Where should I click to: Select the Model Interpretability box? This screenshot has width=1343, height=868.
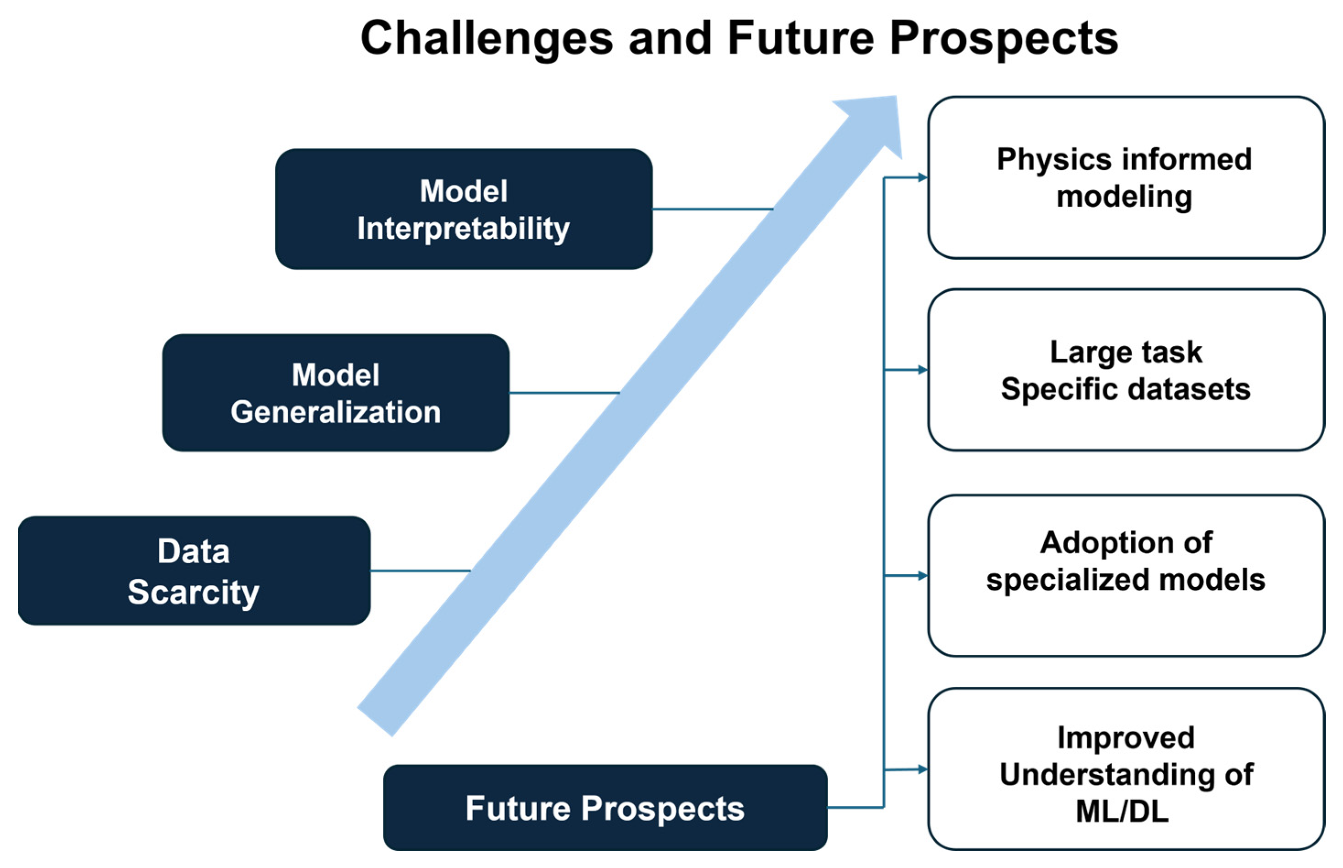(x=463, y=209)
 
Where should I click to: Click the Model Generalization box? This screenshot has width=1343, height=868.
(x=335, y=393)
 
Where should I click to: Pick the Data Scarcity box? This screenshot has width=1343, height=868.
(x=194, y=571)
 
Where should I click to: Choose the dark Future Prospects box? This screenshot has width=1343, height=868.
(x=605, y=808)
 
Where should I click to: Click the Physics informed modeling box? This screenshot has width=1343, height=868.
(x=1126, y=178)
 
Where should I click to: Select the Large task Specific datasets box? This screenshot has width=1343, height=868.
(x=1126, y=370)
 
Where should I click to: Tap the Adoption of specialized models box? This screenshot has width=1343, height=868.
(x=1126, y=576)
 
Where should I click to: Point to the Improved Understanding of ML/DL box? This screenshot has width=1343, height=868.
(x=1126, y=769)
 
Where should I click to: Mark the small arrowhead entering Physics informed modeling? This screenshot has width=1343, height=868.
(x=922, y=178)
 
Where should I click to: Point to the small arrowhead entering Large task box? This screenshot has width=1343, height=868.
(x=922, y=370)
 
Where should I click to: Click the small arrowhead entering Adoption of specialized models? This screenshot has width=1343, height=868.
(x=922, y=576)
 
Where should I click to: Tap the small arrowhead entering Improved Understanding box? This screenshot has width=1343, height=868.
(x=922, y=769)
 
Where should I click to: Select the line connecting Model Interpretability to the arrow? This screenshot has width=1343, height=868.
(x=713, y=209)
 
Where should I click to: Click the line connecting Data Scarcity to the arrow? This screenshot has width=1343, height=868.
(x=420, y=571)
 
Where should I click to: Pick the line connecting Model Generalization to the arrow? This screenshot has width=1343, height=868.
(x=564, y=393)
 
